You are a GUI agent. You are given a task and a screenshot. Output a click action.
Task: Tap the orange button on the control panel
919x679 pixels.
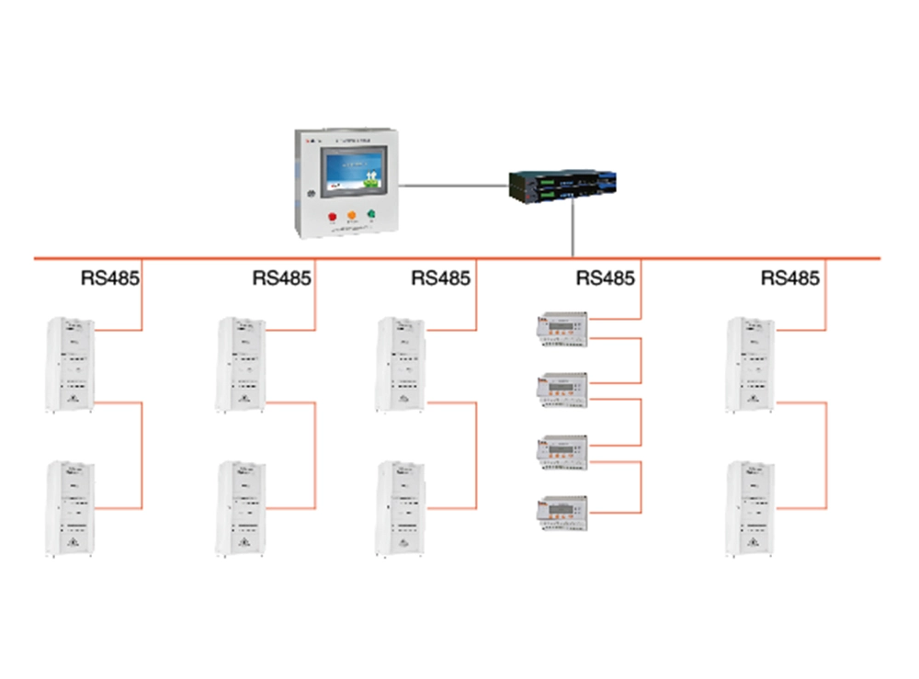click(x=350, y=218)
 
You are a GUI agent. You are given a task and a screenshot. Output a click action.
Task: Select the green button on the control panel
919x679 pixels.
click(x=372, y=218)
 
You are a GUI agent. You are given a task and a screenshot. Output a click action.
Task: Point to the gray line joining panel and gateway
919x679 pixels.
click(x=455, y=184)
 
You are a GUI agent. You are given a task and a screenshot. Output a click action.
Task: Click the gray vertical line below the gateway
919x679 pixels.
click(x=573, y=231)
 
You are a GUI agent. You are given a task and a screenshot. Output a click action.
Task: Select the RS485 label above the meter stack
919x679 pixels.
click(x=605, y=277)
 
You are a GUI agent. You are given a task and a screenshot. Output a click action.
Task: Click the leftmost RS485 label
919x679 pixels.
click(x=108, y=277)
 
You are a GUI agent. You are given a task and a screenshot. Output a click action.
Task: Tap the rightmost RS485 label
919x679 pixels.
click(x=789, y=277)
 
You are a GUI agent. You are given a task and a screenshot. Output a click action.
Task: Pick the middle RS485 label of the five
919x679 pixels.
click(x=440, y=277)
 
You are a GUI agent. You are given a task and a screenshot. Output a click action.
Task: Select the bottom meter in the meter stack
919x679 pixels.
click(x=561, y=511)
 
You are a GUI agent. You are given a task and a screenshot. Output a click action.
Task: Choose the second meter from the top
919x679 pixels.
click(x=561, y=390)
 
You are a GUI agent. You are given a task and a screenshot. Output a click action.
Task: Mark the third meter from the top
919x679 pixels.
click(x=561, y=451)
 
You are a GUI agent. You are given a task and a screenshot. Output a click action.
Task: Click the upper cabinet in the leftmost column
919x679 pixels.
click(x=71, y=364)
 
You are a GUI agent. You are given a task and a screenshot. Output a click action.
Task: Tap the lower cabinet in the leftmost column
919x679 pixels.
click(x=71, y=508)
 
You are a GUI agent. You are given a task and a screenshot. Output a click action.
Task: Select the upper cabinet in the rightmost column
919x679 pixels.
click(x=749, y=364)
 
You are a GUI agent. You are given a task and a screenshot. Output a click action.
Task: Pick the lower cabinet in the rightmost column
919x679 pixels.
click(x=749, y=508)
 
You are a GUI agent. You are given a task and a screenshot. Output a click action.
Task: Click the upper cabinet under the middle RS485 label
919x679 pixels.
click(x=400, y=364)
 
